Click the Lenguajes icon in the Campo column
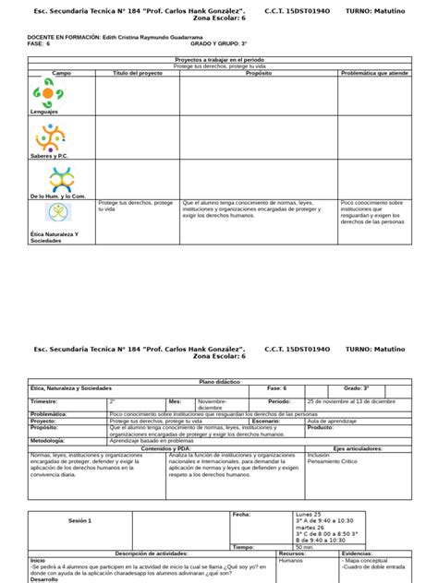[48, 91]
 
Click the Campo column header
[61, 72]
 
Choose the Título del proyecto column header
[137, 72]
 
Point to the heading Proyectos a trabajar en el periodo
[218, 59]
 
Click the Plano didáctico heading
[218, 379]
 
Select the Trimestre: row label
[44, 402]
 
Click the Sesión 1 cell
[80, 520]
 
